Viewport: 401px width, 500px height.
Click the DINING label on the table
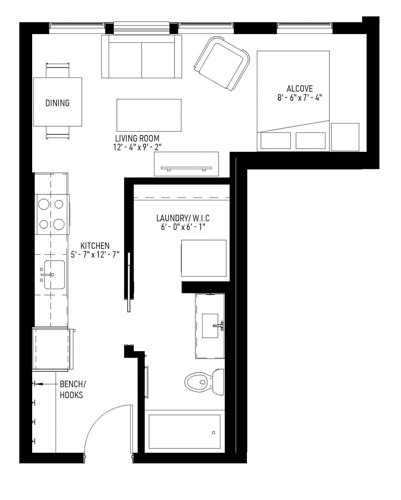pyautogui.click(x=58, y=103)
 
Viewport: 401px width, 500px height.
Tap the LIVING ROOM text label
pyautogui.click(x=137, y=138)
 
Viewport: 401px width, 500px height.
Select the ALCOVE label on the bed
pyautogui.click(x=299, y=88)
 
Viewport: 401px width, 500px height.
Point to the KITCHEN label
pyautogui.click(x=95, y=246)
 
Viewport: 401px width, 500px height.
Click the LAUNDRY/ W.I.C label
pyautogui.click(x=183, y=218)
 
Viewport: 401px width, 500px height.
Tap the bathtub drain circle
pyautogui.click(x=213, y=433)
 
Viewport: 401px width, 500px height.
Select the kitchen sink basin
pyautogui.click(x=54, y=275)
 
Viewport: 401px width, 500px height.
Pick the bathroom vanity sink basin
pyautogui.click(x=210, y=326)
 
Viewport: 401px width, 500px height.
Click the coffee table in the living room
pyautogui.click(x=149, y=115)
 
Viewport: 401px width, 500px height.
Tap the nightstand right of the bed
pyautogui.click(x=345, y=137)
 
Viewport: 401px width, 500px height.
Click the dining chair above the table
pyautogui.click(x=58, y=70)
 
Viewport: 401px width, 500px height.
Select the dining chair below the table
pyautogui.click(x=58, y=132)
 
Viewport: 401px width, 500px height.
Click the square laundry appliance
pyautogui.click(x=204, y=258)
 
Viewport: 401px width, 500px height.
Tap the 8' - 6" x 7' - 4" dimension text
pyautogui.click(x=299, y=98)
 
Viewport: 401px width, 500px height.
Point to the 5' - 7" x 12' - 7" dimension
pyautogui.click(x=95, y=255)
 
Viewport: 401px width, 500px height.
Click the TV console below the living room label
pyautogui.click(x=186, y=164)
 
